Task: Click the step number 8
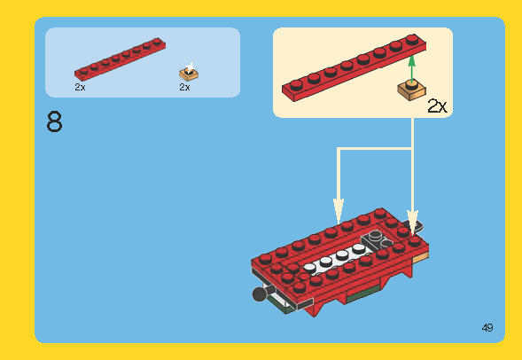click(54, 121)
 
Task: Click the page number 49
click(487, 328)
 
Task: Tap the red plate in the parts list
click(120, 60)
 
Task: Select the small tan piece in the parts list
click(188, 72)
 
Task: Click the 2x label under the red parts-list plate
click(80, 88)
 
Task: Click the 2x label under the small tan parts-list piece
click(184, 88)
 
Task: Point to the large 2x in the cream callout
click(438, 106)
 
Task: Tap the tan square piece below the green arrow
click(410, 90)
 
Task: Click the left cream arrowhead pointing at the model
click(338, 212)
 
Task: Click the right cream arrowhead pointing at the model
click(412, 220)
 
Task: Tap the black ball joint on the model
click(259, 293)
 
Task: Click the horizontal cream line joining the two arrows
click(375, 149)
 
